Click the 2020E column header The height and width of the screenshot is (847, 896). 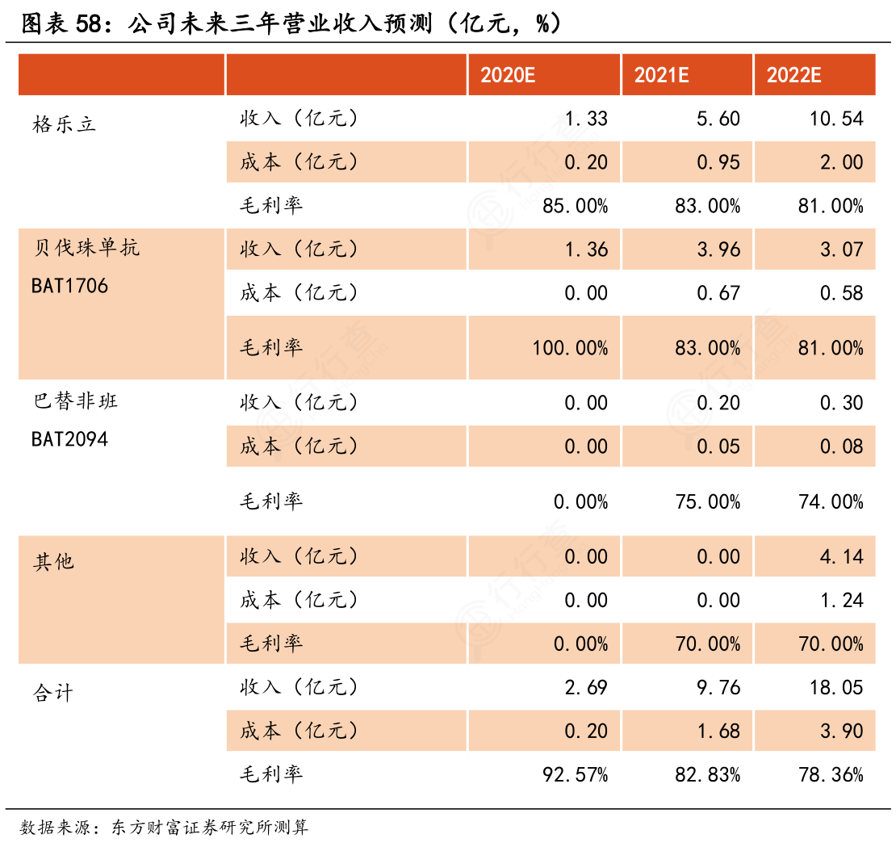tap(508, 76)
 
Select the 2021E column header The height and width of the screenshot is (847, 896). tap(661, 76)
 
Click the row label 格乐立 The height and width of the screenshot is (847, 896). tap(65, 124)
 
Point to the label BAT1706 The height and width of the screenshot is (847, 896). tap(69, 286)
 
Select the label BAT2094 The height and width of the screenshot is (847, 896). tap(69, 439)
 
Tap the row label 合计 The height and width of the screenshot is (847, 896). tap(54, 693)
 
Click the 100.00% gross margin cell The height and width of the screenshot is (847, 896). tap(570, 348)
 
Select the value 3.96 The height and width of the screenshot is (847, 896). tap(718, 249)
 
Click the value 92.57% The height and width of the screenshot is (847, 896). tap(575, 775)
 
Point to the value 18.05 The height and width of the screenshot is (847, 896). tap(837, 688)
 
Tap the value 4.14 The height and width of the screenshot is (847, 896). tap(842, 557)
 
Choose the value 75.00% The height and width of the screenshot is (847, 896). tap(707, 502)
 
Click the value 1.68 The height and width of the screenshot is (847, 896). tap(718, 732)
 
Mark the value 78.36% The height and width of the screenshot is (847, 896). tap(831, 775)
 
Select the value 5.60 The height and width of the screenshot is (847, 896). tap(718, 120)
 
